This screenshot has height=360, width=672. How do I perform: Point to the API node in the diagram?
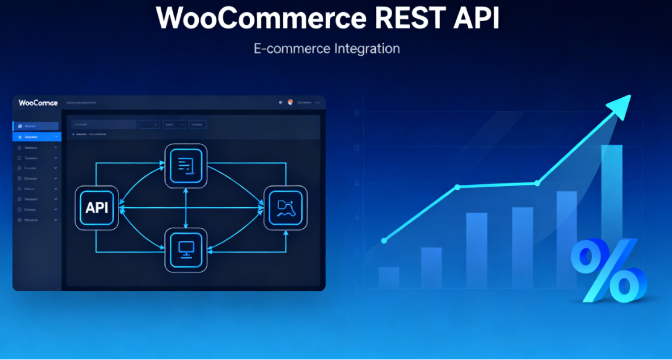click(x=97, y=208)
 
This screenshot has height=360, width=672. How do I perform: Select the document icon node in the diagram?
click(x=186, y=164)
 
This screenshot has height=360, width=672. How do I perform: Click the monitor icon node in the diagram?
click(x=186, y=249)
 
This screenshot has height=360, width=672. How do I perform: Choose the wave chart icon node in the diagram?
click(x=285, y=207)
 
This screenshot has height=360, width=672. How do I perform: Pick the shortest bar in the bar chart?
click(x=389, y=277)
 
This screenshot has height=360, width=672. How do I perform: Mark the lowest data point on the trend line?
click(x=384, y=240)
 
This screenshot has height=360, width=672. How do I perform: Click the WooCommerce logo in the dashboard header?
click(x=38, y=103)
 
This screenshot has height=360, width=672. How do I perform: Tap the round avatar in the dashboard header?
click(x=290, y=103)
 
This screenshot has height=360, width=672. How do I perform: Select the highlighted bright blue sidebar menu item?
click(x=36, y=137)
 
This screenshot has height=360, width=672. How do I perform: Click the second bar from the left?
click(x=431, y=268)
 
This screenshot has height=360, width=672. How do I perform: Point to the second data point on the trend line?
click(x=457, y=187)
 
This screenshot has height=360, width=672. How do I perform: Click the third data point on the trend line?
click(x=537, y=183)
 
